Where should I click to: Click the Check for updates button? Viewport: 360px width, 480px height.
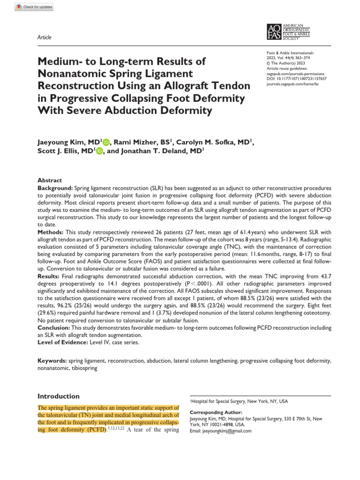tap(28, 7)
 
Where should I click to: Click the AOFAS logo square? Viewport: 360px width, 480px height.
tap(274, 31)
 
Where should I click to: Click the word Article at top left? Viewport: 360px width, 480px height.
tap(45, 37)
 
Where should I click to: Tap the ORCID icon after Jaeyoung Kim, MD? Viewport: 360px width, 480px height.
tap(106, 142)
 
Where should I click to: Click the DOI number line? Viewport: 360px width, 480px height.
tap(293, 79)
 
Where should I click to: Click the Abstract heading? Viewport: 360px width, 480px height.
tap(49, 180)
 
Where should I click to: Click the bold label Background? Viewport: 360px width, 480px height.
tap(55, 187)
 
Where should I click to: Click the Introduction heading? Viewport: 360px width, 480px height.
tap(59, 396)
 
